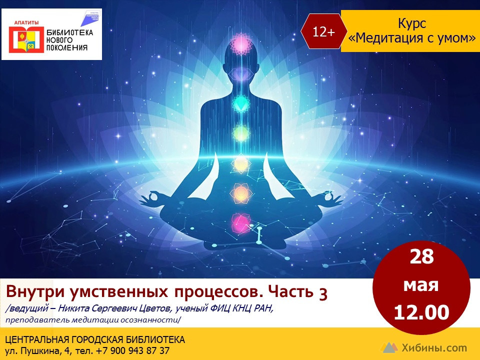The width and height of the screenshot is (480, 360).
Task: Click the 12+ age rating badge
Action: pyautogui.click(x=324, y=31)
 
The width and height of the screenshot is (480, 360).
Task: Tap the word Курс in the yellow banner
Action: pyautogui.click(x=412, y=23)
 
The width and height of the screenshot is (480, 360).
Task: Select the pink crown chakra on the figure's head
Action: pyautogui.click(x=241, y=44)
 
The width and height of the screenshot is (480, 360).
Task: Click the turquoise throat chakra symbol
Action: pyautogui.click(x=240, y=103)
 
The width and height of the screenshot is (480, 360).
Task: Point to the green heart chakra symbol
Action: pyautogui.click(x=241, y=133)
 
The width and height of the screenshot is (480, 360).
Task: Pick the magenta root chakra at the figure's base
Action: pyautogui.click(x=240, y=223)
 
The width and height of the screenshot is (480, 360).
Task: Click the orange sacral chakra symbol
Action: pyautogui.click(x=240, y=193)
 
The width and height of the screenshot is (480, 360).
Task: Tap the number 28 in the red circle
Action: pyautogui.click(x=421, y=256)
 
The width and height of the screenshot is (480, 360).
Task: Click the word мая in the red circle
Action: pyautogui.click(x=421, y=285)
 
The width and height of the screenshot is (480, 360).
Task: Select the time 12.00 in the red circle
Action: pyautogui.click(x=421, y=312)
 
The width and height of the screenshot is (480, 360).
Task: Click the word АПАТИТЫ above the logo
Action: pyautogui.click(x=26, y=22)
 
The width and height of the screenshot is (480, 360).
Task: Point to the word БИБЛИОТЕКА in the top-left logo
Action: pyautogui.click(x=69, y=33)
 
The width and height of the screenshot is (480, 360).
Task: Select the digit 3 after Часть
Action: pyautogui.click(x=323, y=293)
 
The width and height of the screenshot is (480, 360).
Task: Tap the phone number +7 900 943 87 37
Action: pyautogui.click(x=133, y=350)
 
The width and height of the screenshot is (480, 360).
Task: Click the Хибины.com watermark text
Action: pyautogui.click(x=434, y=348)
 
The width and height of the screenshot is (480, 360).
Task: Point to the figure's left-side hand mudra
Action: pyautogui.click(x=152, y=198)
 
